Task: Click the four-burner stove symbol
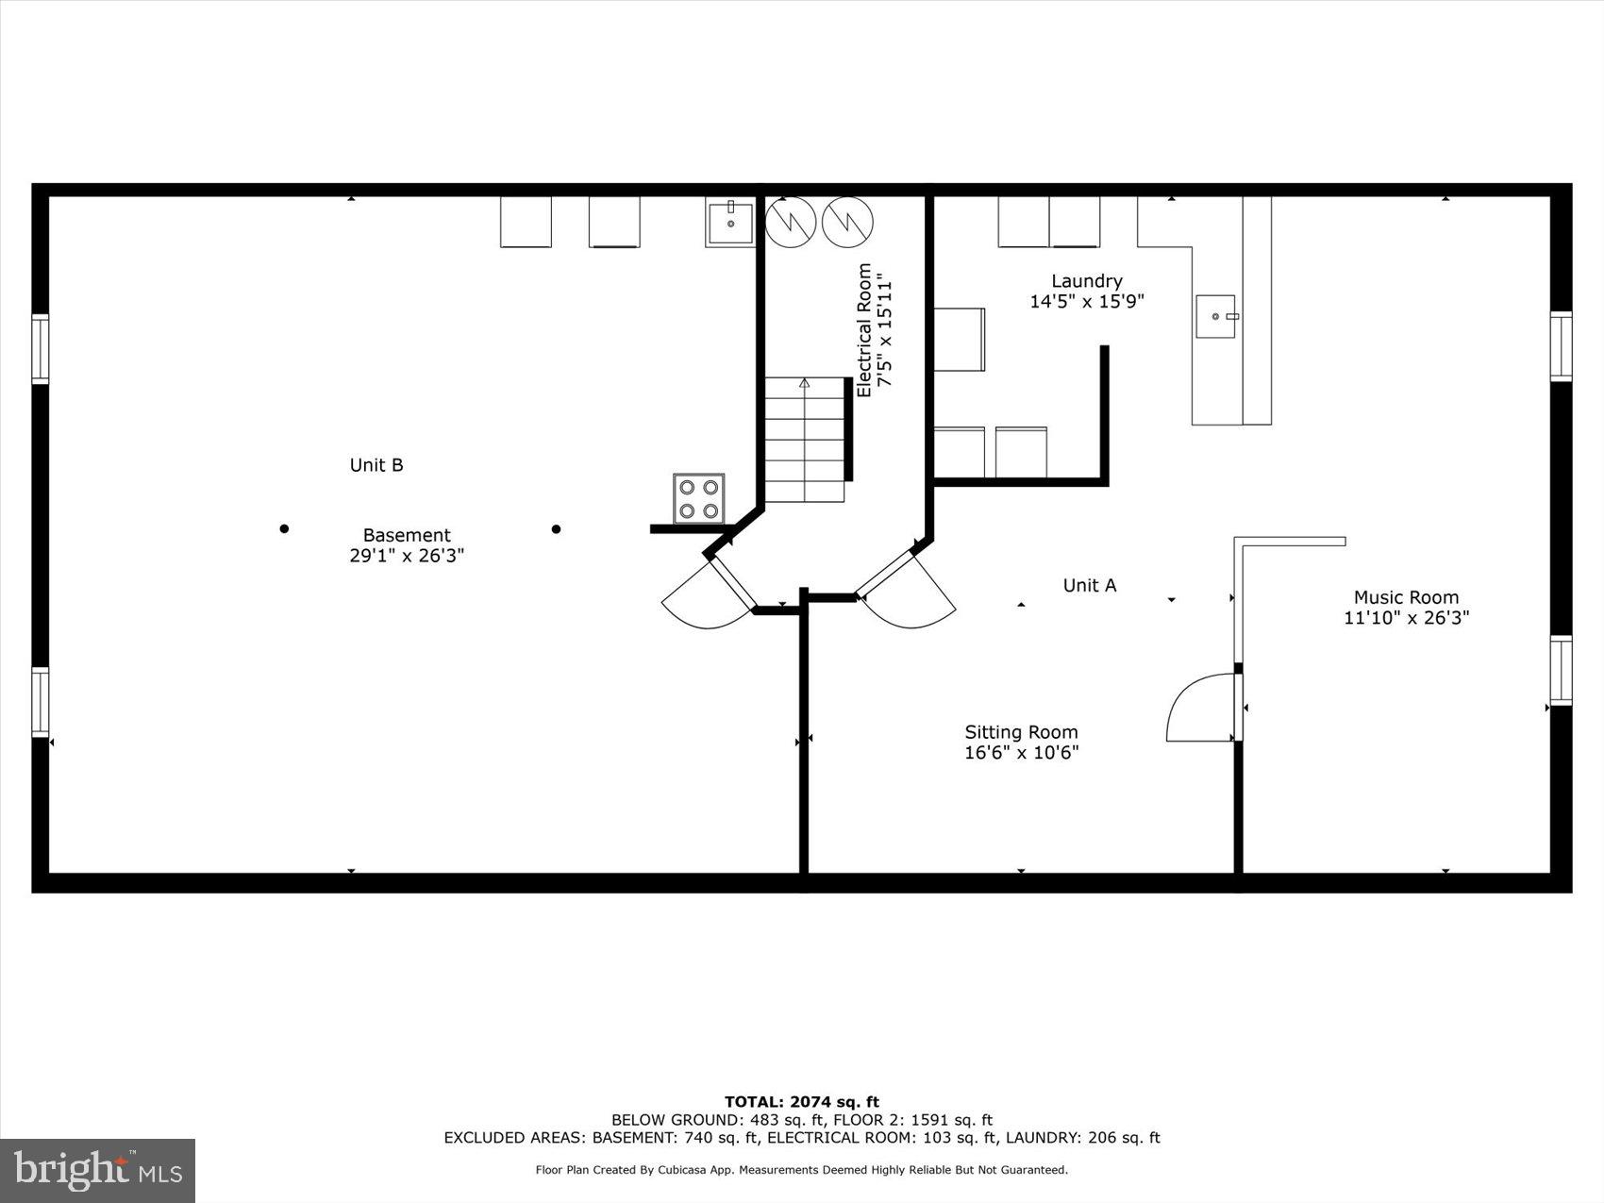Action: coord(698,498)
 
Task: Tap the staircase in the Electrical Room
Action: coord(804,440)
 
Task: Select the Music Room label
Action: coord(1406,597)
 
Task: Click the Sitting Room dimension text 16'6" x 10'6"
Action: coord(1021,753)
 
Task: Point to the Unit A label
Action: coord(1089,585)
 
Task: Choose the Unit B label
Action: coord(376,465)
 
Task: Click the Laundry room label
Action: coord(1087,281)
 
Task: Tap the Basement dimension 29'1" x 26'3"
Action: coord(407,556)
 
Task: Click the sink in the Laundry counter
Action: coord(1216,316)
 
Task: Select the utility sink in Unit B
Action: coord(730,224)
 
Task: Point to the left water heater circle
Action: coord(790,223)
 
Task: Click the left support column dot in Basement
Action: coord(284,528)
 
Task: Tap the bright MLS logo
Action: coord(98,1170)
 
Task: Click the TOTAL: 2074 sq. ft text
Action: coord(801,1101)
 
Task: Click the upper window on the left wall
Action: coord(40,349)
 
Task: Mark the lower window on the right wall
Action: coord(1562,670)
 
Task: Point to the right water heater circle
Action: coord(847,223)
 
